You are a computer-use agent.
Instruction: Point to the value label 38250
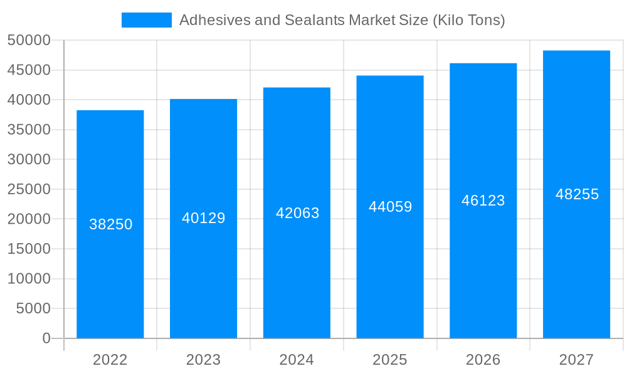click(x=111, y=224)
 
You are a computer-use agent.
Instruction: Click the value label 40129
click(x=204, y=218)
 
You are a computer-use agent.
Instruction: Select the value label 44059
click(x=390, y=207)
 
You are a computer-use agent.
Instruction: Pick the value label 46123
click(x=483, y=201)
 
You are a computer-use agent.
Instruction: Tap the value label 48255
click(x=577, y=194)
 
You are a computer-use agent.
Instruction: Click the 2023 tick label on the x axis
click(x=204, y=360)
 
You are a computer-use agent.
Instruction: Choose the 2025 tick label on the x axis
click(x=390, y=360)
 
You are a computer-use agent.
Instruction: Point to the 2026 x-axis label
click(x=483, y=360)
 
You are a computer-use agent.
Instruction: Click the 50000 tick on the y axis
click(x=29, y=41)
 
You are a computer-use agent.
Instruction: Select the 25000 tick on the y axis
click(x=29, y=189)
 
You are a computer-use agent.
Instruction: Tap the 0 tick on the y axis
click(x=46, y=338)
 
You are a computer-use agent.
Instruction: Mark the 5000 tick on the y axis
click(x=33, y=308)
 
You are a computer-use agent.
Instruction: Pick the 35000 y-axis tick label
click(x=29, y=130)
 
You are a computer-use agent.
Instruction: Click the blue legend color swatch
click(x=147, y=20)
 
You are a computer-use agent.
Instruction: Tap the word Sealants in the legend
click(x=315, y=20)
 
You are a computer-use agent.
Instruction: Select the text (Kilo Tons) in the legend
click(x=469, y=20)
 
